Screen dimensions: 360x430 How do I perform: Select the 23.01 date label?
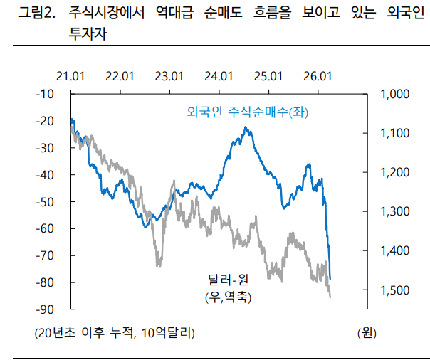click(x=170, y=76)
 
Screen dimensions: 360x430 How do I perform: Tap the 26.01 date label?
click(x=318, y=76)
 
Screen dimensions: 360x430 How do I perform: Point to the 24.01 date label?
click(x=219, y=76)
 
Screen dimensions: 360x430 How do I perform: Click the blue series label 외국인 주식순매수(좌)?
click(x=248, y=112)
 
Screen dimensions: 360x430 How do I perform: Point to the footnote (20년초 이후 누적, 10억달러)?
click(x=114, y=332)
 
